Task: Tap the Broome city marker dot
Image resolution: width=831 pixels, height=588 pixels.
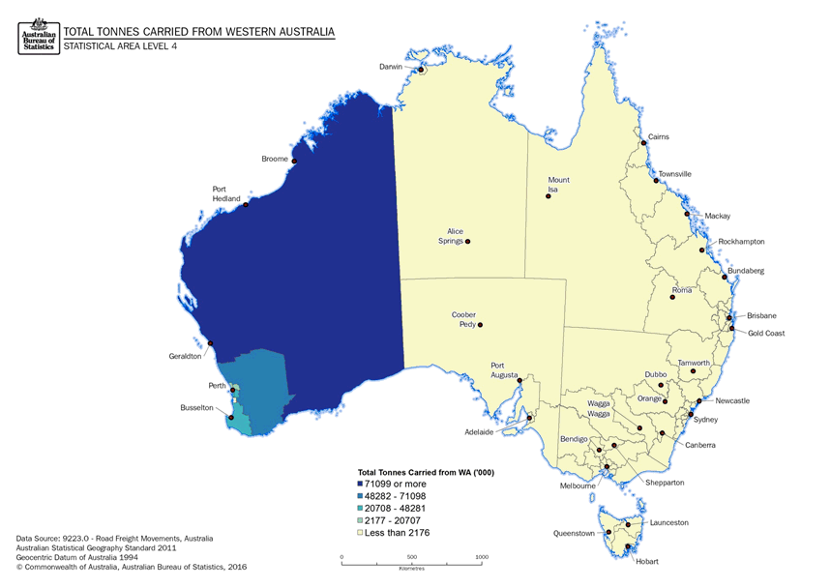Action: point(294,161)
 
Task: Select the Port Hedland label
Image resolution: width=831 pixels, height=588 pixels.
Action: point(226,193)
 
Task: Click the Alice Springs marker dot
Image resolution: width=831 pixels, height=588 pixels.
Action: point(468,242)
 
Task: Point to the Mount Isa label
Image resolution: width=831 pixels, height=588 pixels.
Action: point(558,185)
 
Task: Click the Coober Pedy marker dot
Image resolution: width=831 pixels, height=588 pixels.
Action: point(479,325)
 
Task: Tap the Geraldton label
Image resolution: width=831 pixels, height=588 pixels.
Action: point(185,356)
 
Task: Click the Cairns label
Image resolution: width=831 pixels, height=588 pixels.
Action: point(658,137)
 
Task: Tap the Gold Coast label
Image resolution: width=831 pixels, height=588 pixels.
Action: point(765,334)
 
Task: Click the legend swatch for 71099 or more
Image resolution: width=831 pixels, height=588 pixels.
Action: point(362,483)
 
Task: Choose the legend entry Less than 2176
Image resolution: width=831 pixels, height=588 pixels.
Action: point(394,533)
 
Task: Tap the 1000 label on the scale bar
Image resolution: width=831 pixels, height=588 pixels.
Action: point(483,557)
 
